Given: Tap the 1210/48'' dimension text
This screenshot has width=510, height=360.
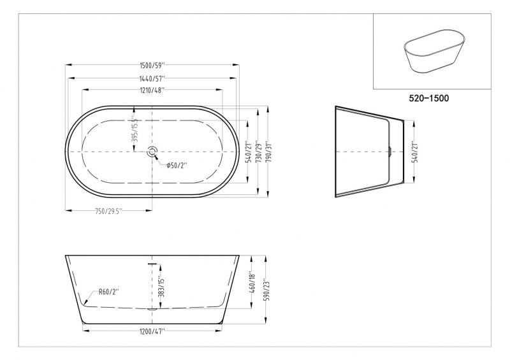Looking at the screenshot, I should point(153,90).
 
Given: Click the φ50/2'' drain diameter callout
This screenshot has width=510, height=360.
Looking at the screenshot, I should point(177,166).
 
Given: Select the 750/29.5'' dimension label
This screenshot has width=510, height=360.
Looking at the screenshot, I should point(109,210).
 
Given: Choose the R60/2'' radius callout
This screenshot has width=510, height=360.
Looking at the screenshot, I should point(109,292).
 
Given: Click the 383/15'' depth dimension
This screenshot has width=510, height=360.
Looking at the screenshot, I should point(162,284).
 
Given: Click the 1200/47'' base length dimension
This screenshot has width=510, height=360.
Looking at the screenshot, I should point(153,331).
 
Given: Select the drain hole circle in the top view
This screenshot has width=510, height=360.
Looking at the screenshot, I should point(152,152).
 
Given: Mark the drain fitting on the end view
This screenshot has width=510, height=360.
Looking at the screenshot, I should point(390,152).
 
